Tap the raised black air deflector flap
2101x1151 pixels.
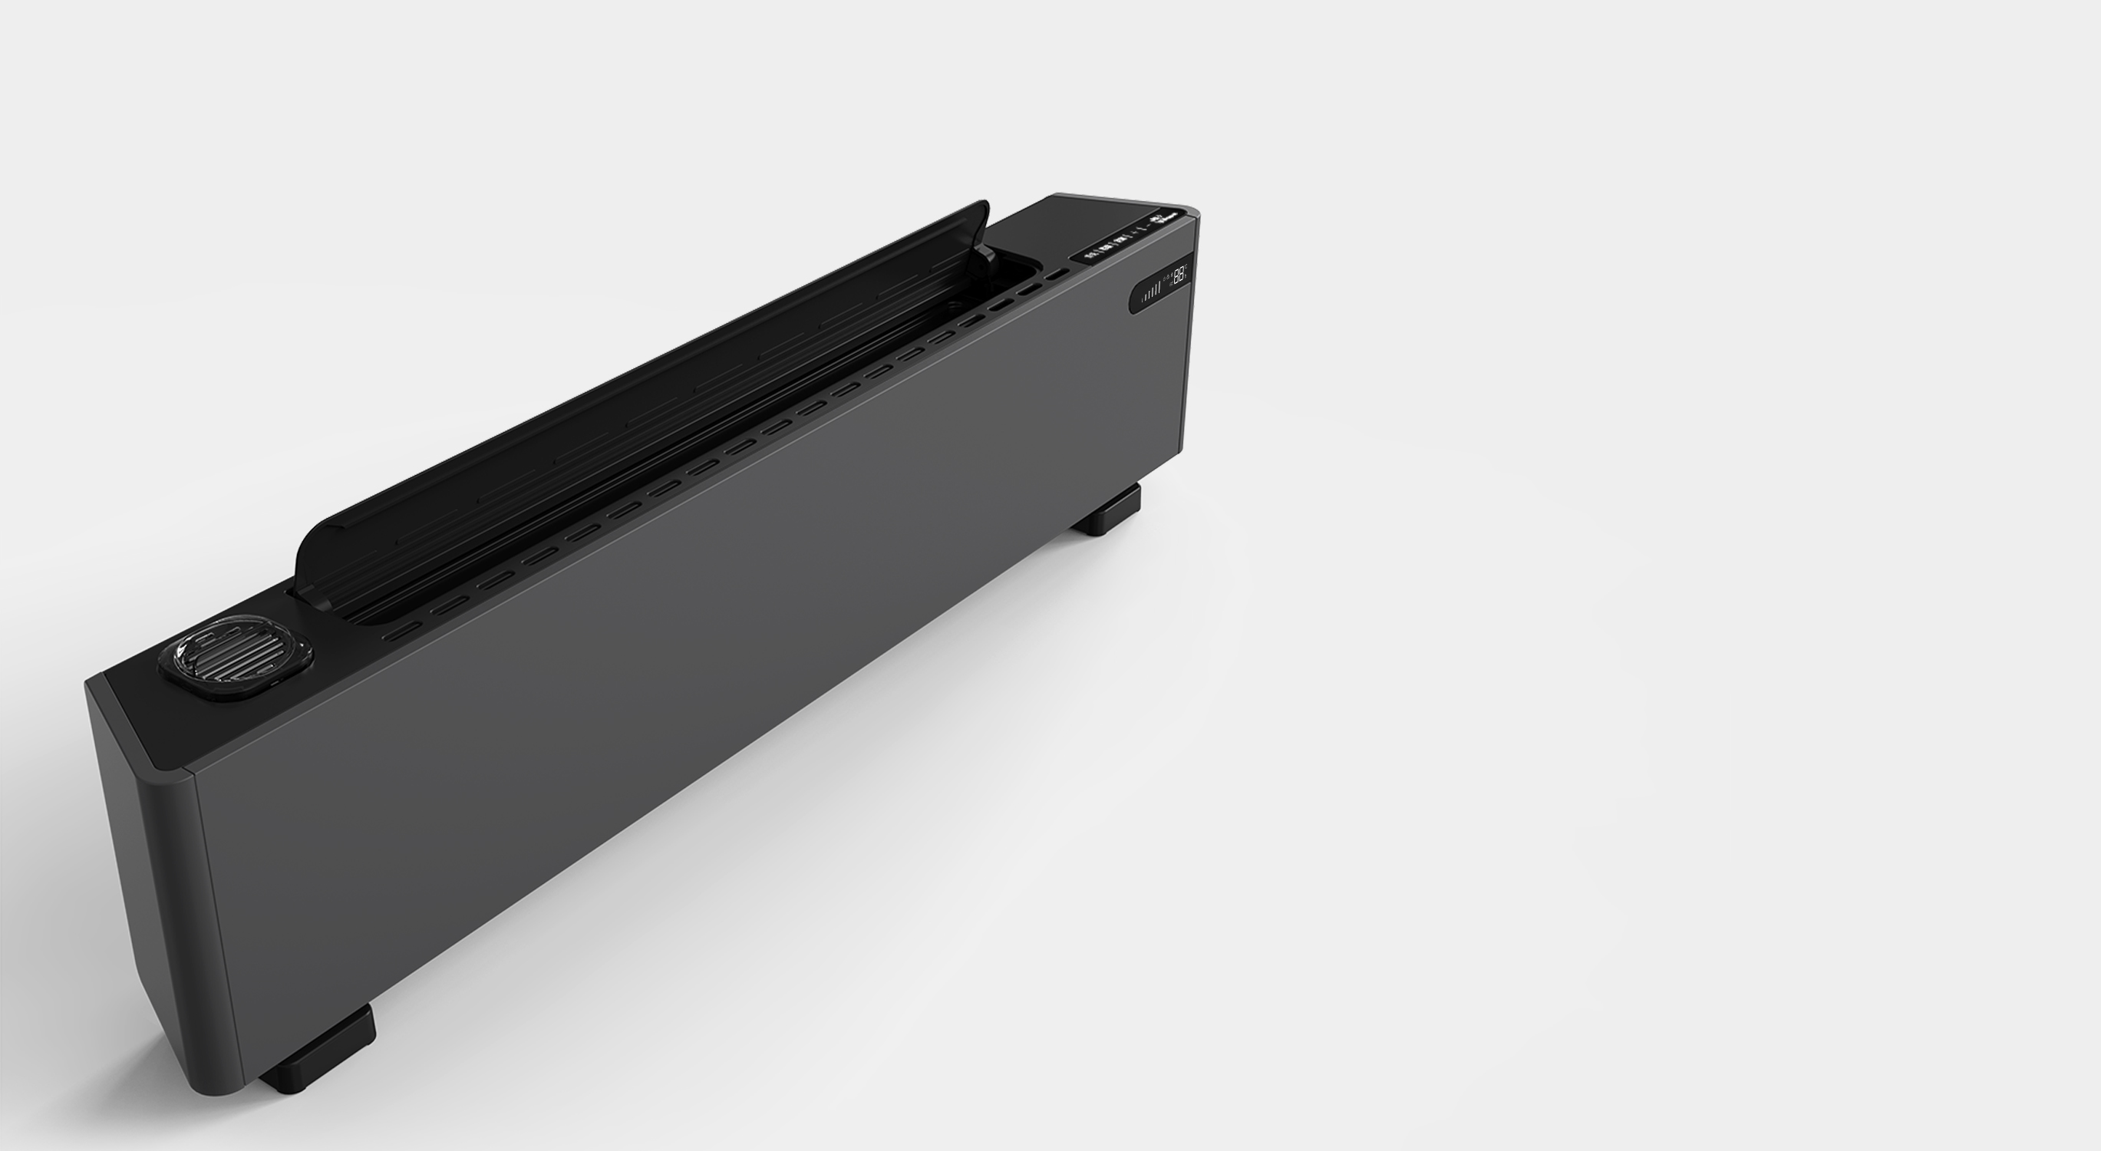point(636,391)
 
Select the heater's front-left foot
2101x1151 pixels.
point(318,1053)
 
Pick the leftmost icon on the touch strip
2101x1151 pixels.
point(1089,256)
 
